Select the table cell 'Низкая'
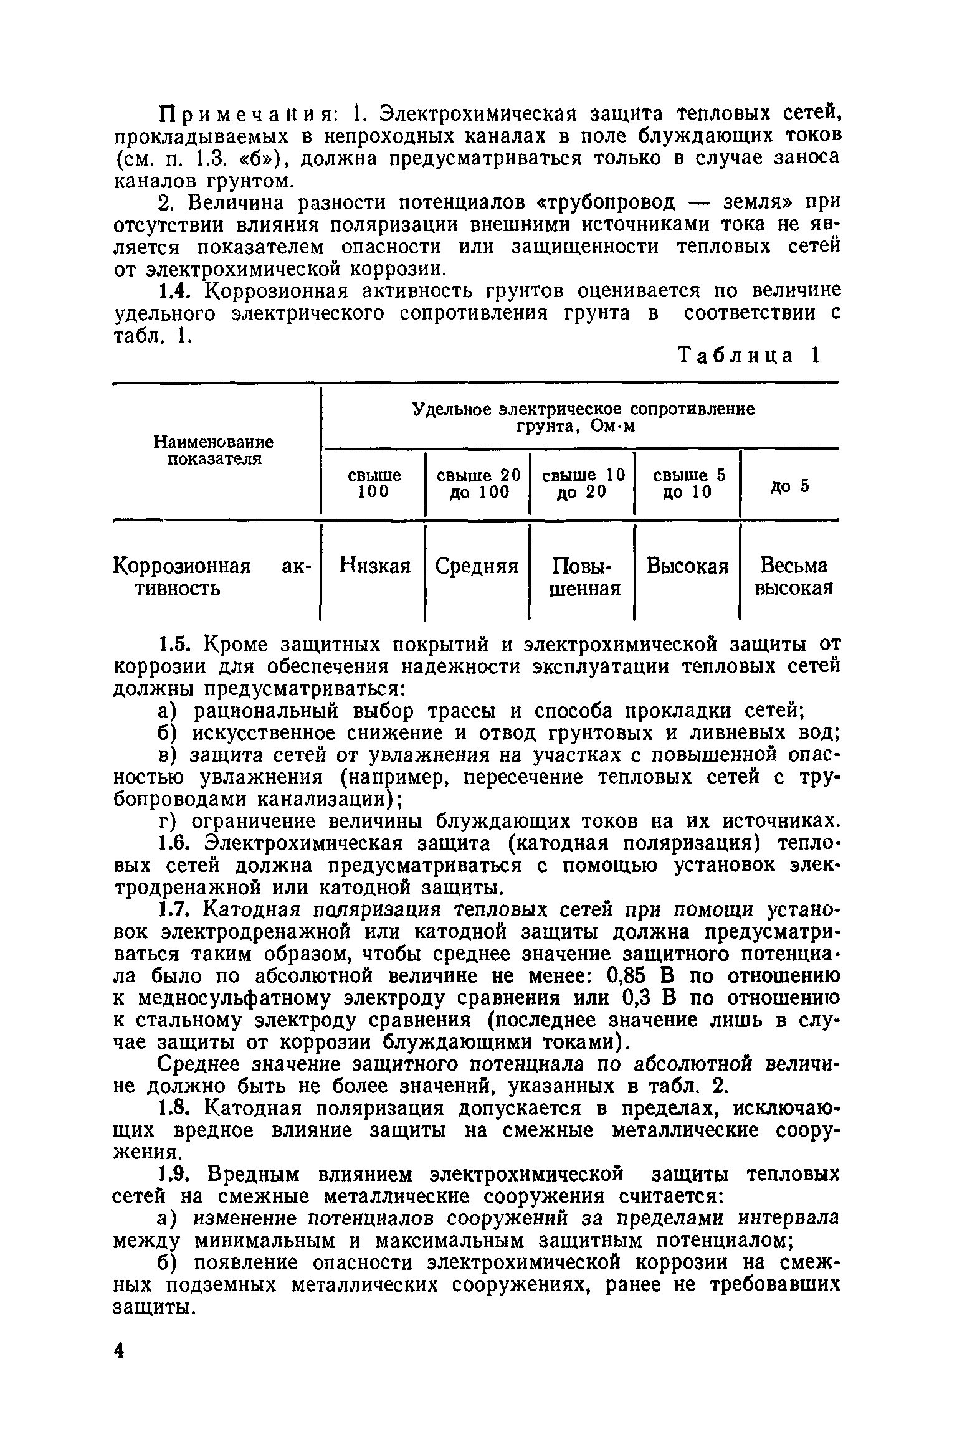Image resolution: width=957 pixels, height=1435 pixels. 375,566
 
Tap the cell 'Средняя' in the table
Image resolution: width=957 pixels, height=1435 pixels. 477,566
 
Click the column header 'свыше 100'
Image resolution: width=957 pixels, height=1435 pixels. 374,483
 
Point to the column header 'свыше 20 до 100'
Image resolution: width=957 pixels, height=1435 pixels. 478,483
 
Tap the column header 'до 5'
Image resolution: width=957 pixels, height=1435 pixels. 790,485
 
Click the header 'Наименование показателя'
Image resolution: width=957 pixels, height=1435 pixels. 214,450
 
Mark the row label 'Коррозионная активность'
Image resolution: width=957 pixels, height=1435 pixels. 212,577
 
